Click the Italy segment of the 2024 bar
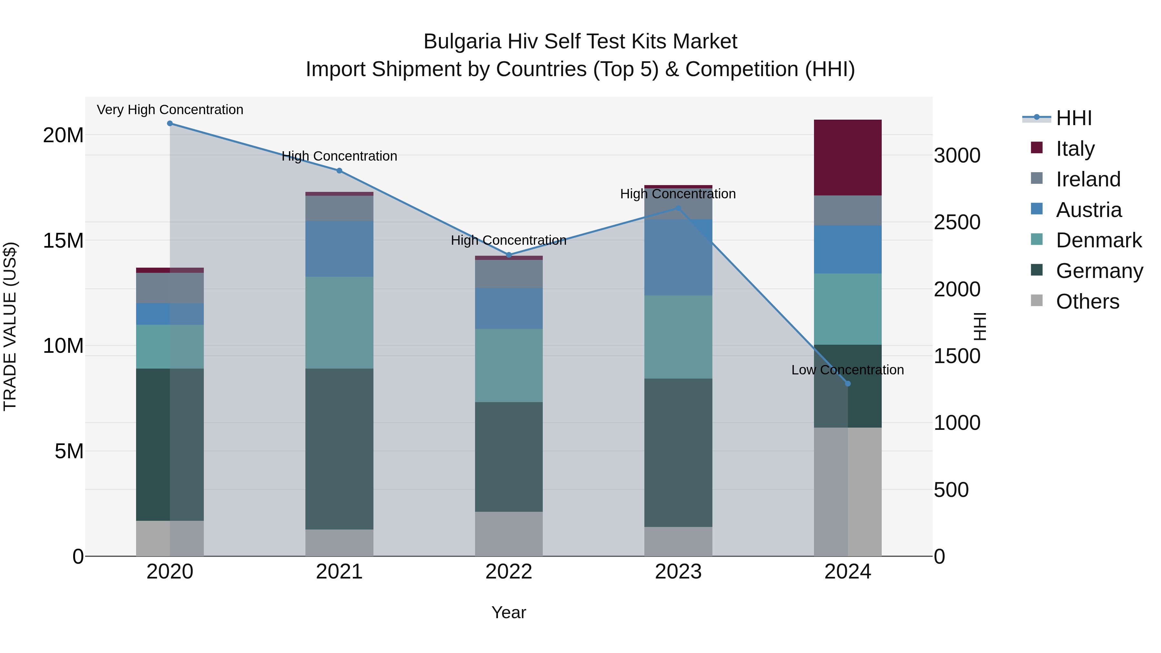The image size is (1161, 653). tap(847, 157)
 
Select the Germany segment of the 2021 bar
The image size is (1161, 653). tap(339, 449)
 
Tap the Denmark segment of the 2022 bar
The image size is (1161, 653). tap(509, 365)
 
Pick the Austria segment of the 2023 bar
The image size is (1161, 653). tap(678, 257)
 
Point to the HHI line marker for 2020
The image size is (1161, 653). tap(170, 124)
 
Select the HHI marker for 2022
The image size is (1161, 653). tap(509, 255)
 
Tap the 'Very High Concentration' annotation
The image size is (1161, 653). tap(170, 110)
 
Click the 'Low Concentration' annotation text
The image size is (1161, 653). tap(847, 370)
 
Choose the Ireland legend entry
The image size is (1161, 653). tap(1087, 179)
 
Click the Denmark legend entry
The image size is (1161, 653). tap(1098, 240)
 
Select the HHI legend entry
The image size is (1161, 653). tap(1074, 118)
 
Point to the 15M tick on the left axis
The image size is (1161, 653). tap(63, 241)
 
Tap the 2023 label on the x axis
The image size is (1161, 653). tap(678, 572)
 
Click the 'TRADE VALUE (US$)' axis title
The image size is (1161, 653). tap(10, 326)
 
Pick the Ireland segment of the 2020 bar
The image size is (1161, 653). tap(170, 288)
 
